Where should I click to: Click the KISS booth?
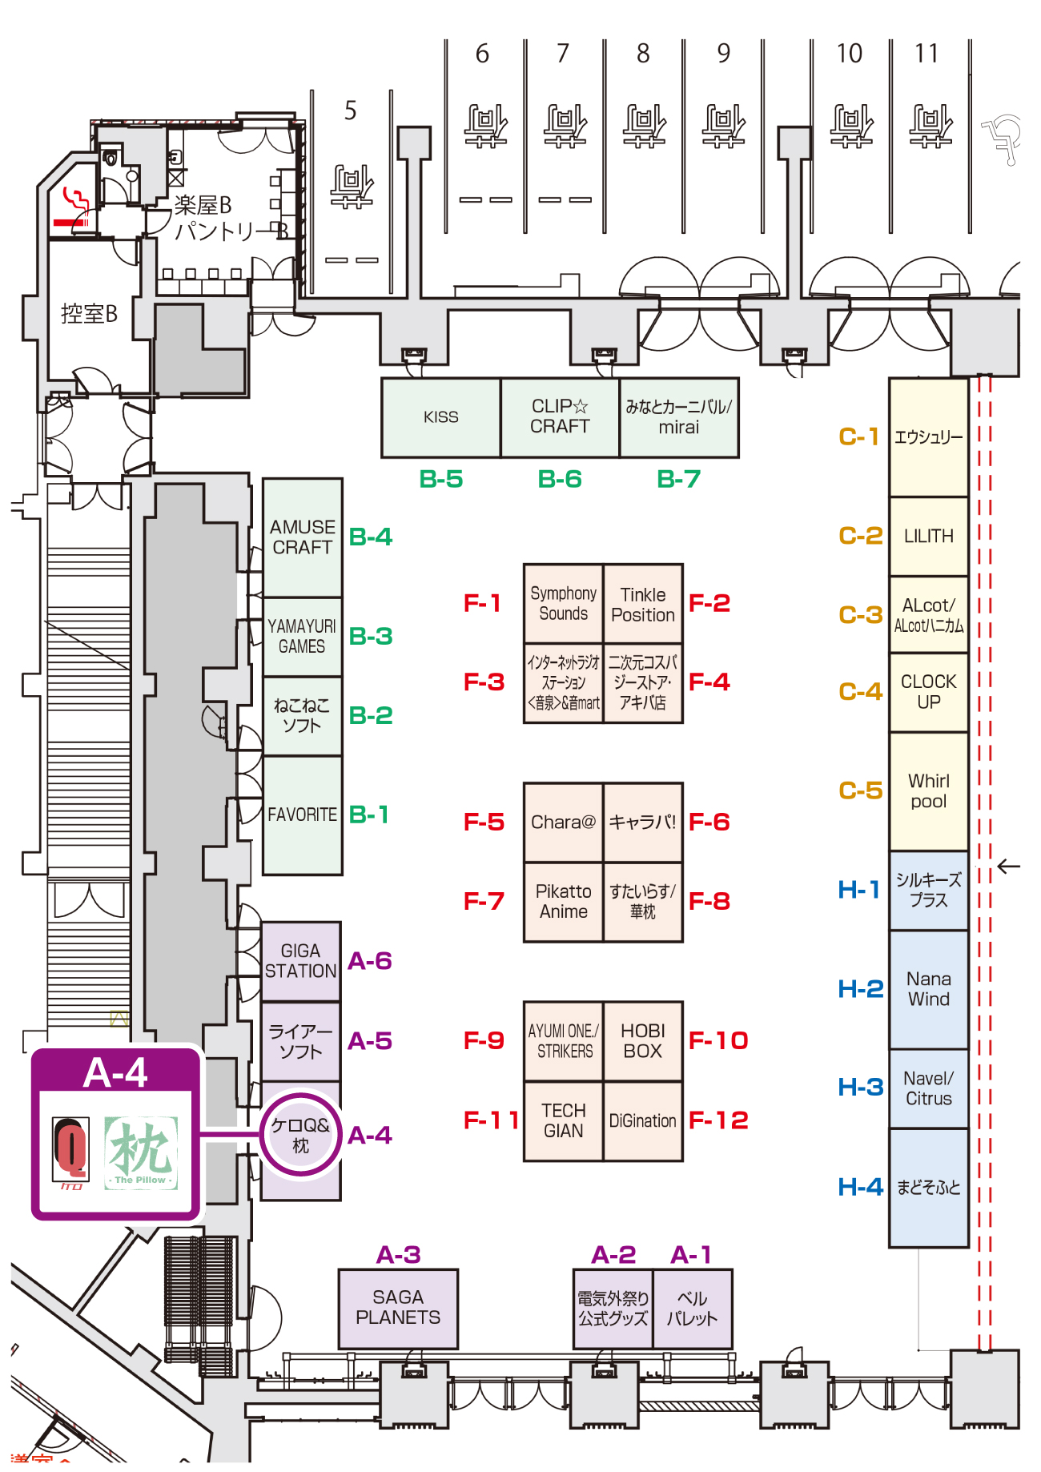click(x=440, y=417)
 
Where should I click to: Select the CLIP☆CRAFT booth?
click(x=560, y=417)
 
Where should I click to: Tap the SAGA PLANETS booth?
click(x=398, y=1308)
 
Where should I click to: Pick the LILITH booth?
click(x=928, y=536)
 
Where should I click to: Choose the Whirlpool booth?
click(x=928, y=791)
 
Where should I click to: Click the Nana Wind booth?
click(x=928, y=989)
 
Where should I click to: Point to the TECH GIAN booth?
click(x=563, y=1120)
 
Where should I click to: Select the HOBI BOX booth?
click(x=643, y=1041)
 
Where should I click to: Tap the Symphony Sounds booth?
click(x=563, y=603)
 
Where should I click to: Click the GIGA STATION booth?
click(x=300, y=961)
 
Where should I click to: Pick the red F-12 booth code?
click(x=718, y=1120)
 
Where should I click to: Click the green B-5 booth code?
click(x=441, y=479)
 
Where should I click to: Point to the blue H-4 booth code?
click(x=860, y=1187)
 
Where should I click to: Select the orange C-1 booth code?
click(x=858, y=436)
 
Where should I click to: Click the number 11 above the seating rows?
click(x=926, y=54)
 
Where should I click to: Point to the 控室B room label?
click(x=89, y=314)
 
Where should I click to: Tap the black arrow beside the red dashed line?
click(x=1008, y=867)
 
